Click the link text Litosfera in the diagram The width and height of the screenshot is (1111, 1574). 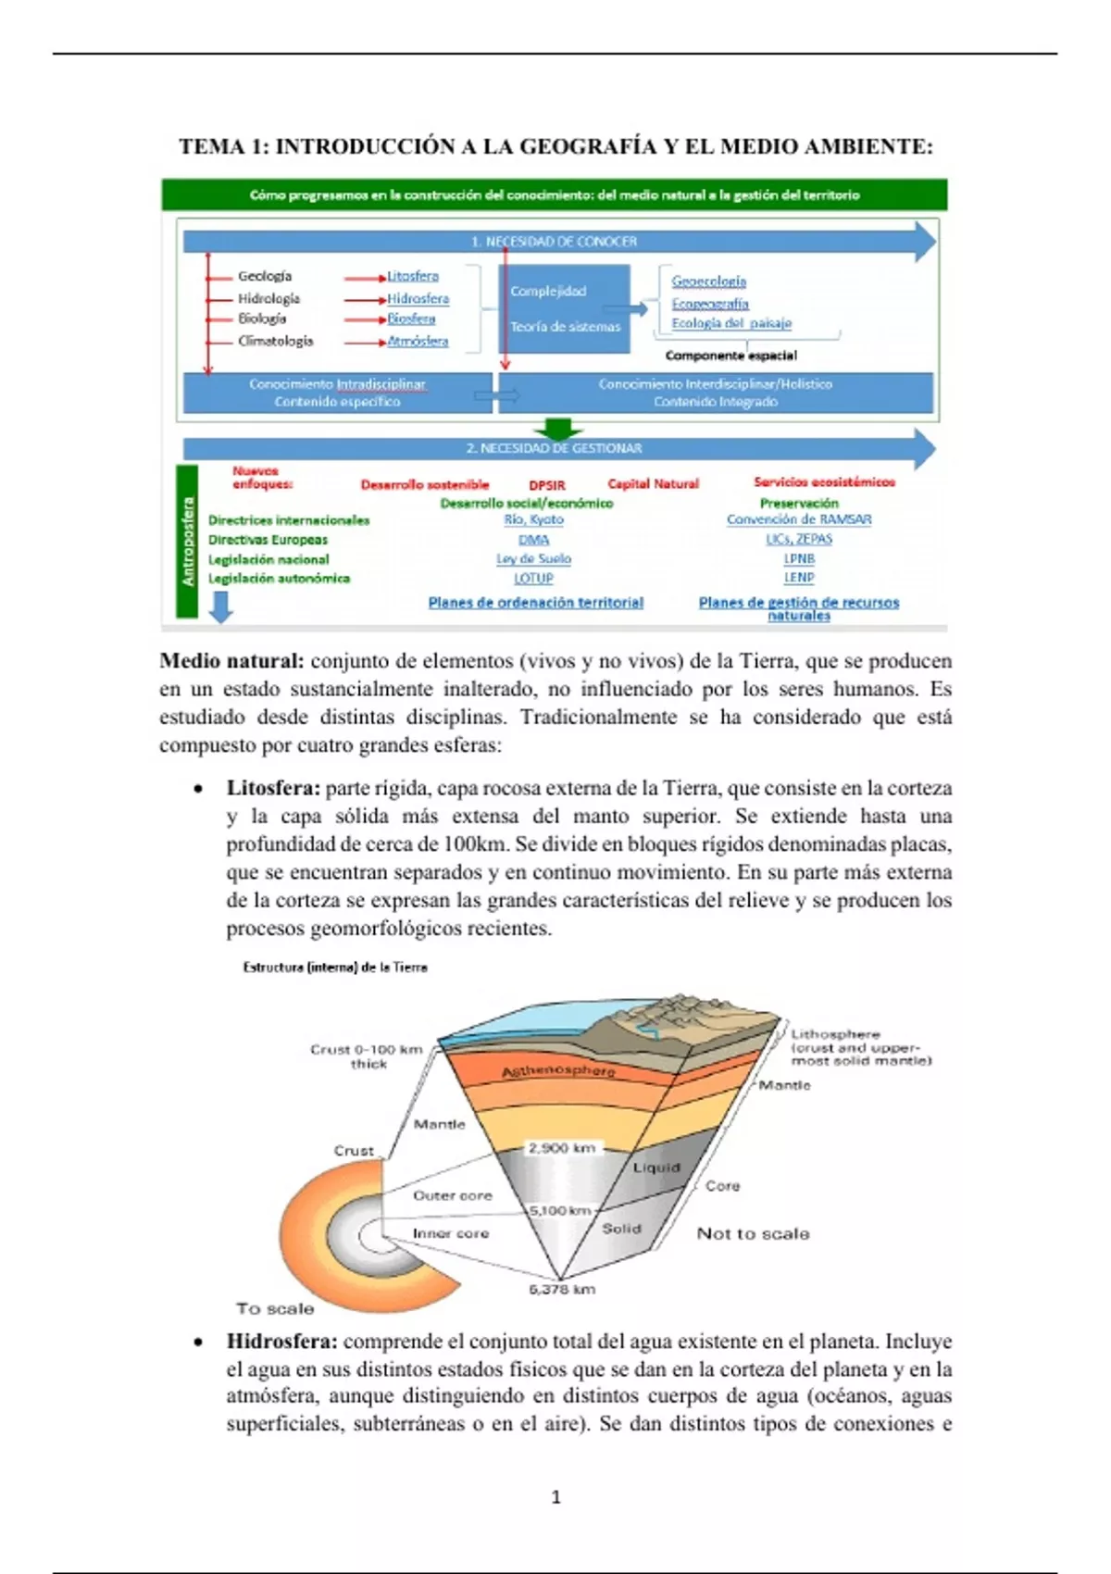413,276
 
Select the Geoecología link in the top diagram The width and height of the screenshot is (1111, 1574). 708,281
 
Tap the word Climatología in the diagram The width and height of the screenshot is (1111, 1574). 275,341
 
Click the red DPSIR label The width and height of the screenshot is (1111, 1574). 546,484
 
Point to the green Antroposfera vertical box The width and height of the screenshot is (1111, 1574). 188,542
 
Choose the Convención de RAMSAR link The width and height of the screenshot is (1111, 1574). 798,519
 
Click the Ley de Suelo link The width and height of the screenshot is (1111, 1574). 533,558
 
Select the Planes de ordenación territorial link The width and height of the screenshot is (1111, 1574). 535,602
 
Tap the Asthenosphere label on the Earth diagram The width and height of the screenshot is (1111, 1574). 558,1070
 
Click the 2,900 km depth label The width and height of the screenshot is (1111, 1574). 561,1148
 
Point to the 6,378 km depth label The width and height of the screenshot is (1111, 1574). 562,1289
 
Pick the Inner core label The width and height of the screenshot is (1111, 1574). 450,1233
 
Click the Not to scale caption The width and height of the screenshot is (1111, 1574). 753,1233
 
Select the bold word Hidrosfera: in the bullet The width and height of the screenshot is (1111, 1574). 282,1342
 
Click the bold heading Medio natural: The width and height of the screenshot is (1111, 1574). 231,661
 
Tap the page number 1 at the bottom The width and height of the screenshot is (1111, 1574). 555,1497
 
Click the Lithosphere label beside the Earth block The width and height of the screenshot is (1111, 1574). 835,1034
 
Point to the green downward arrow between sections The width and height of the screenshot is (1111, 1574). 558,429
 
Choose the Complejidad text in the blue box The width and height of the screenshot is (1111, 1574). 548,291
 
